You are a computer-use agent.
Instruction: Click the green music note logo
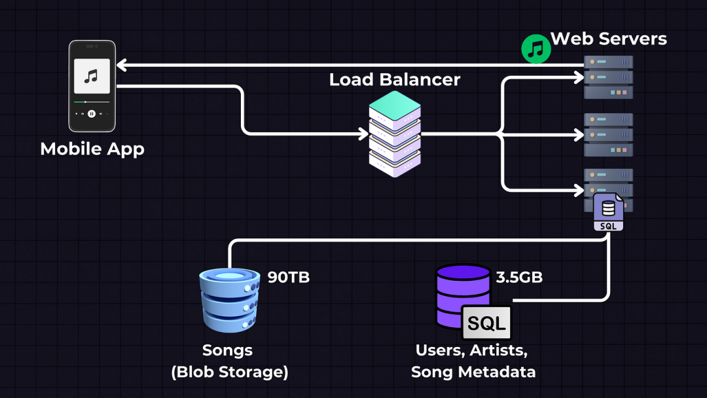point(535,49)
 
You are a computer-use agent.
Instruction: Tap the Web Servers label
point(609,39)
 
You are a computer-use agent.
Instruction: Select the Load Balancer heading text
point(394,80)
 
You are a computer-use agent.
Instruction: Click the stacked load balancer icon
point(395,134)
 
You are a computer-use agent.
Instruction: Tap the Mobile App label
point(92,149)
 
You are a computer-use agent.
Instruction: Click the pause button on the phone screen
point(92,114)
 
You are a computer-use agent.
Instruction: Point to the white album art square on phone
point(92,77)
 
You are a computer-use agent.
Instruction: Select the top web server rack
point(608,77)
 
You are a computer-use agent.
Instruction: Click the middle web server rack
point(608,135)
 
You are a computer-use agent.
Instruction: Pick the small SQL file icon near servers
point(609,212)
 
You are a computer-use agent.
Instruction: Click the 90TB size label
point(289,277)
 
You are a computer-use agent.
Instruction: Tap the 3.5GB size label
point(519,277)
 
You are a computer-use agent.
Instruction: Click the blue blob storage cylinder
point(229,300)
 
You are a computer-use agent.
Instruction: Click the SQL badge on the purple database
point(486,323)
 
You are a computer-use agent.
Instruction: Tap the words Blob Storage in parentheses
point(230,372)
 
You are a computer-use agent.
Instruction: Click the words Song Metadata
point(473,372)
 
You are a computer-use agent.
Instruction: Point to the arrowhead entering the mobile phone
point(122,65)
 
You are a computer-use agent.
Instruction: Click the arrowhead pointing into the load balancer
point(365,134)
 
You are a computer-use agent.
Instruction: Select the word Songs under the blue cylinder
point(227,350)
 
